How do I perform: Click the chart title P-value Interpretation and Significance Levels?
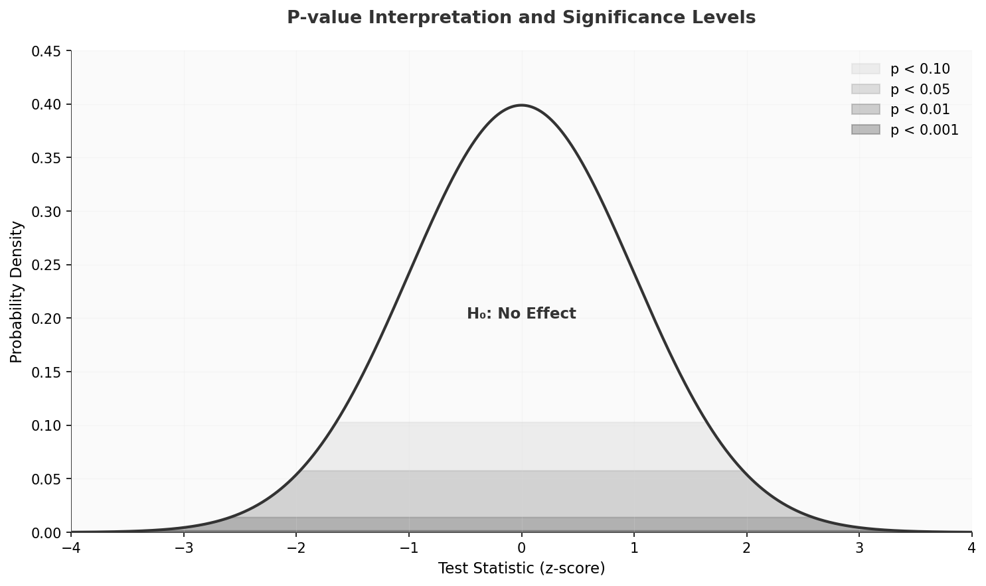[x=521, y=18]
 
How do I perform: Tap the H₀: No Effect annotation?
[x=521, y=314]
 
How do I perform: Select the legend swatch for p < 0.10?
[x=865, y=69]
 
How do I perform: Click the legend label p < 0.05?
[x=920, y=90]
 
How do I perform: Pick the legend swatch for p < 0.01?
[x=865, y=110]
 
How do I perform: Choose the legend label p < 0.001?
[x=924, y=130]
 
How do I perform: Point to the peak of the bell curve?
[x=521, y=106]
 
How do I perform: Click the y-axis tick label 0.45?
[x=46, y=51]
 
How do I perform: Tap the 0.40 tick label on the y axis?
[x=46, y=105]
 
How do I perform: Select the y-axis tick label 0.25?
[x=46, y=265]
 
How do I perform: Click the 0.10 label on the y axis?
[x=46, y=425]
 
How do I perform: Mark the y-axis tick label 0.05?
[x=46, y=479]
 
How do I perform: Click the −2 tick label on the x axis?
[x=296, y=548]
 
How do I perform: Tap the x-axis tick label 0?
[x=521, y=548]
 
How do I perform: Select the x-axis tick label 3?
[x=859, y=548]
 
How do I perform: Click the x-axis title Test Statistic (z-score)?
[x=521, y=569]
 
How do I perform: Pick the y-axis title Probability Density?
[x=17, y=292]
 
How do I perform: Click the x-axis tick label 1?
[x=634, y=548]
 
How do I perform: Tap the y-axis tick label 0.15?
[x=46, y=372]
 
